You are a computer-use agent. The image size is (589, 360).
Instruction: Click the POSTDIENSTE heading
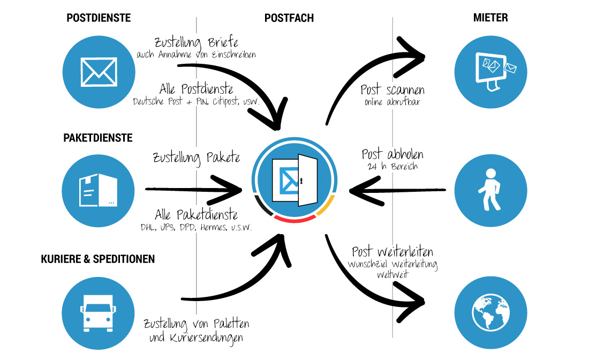(99, 18)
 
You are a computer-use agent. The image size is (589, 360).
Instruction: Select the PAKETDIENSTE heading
(98, 138)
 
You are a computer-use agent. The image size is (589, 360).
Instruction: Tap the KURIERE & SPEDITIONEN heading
(98, 259)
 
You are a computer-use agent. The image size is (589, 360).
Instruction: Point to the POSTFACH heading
(289, 18)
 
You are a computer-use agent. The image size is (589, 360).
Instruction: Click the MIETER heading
(490, 18)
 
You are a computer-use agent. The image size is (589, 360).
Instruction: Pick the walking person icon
(490, 190)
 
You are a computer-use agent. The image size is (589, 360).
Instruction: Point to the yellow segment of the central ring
(325, 207)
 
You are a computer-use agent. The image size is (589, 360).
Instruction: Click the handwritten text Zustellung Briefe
(195, 42)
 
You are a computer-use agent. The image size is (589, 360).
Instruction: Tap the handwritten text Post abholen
(392, 155)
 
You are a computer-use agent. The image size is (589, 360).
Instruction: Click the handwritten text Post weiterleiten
(392, 252)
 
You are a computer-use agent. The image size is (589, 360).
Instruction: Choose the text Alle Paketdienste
(196, 215)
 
